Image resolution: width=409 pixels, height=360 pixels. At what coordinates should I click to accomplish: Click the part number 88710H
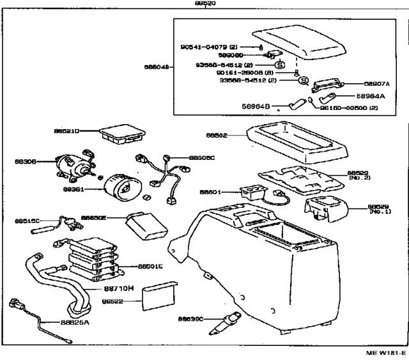click(x=118, y=288)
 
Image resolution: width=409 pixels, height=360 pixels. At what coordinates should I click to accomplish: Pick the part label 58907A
click(x=377, y=83)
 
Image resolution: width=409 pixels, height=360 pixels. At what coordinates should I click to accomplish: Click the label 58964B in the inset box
click(x=257, y=106)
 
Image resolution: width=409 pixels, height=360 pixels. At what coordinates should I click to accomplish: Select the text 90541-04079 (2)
click(x=208, y=47)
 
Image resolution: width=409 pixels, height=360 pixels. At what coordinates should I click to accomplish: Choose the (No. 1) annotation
click(x=380, y=212)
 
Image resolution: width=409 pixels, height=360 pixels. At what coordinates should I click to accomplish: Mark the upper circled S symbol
click(x=279, y=65)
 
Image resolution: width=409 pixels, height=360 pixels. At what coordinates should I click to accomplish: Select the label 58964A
click(x=377, y=96)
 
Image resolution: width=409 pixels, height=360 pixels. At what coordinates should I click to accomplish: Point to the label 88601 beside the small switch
click(x=210, y=191)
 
